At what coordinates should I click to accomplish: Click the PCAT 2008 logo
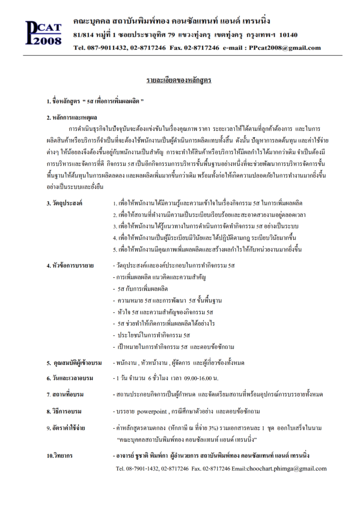click(43, 33)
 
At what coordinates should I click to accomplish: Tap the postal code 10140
click(288, 35)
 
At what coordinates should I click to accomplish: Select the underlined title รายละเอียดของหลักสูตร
click(179, 80)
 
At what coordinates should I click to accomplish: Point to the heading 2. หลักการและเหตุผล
click(72, 118)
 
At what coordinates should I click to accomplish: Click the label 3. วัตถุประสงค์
click(64, 203)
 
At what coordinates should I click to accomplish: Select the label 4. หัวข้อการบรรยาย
click(70, 266)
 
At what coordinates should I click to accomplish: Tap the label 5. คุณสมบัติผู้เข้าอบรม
click(74, 363)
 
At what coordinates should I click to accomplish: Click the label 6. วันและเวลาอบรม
click(70, 378)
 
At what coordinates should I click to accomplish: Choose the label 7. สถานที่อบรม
click(65, 395)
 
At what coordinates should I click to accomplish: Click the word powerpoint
click(152, 412)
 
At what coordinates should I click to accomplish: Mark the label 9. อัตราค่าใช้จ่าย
click(66, 428)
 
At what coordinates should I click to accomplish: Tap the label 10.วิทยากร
click(60, 456)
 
